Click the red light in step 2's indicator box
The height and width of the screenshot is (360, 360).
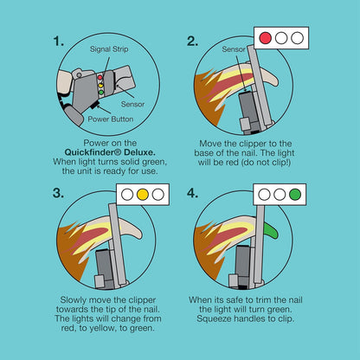[266, 38]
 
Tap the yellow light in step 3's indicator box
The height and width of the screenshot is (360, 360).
[143, 195]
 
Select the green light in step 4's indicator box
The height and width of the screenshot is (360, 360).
[295, 195]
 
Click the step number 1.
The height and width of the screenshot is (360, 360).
[58, 42]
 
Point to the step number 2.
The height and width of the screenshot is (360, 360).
[192, 42]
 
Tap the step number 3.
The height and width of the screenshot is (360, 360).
[58, 193]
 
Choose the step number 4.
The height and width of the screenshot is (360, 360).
[192, 193]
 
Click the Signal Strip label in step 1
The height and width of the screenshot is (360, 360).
[109, 49]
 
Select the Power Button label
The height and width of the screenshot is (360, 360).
[111, 119]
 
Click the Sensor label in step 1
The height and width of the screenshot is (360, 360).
[132, 104]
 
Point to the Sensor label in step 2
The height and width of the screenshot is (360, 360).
[234, 49]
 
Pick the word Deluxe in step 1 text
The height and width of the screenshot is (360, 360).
[138, 152]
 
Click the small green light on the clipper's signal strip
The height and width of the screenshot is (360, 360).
[101, 93]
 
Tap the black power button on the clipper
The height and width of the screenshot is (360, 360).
[95, 106]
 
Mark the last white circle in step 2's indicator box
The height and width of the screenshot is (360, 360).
[297, 38]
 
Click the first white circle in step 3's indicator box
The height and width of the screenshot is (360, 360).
[127, 195]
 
